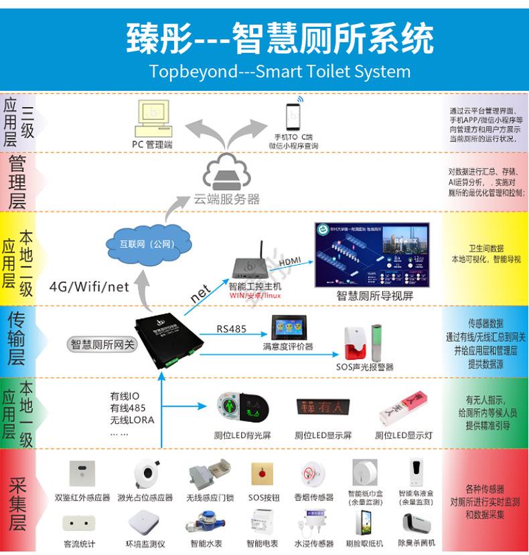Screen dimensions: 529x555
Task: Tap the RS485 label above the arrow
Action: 232,328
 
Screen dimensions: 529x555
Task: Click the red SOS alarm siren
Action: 354,342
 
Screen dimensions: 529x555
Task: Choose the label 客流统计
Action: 80,544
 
